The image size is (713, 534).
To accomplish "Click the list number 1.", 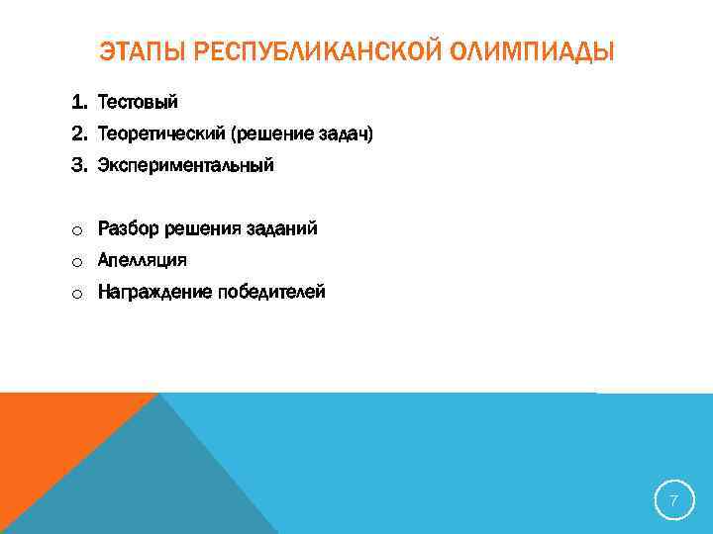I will pos(78,103).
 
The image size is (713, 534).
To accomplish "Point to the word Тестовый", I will pos(138,103).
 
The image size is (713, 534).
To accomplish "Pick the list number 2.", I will pos(78,134).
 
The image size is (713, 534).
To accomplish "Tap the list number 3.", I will pos(78,166).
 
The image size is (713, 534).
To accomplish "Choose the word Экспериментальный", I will pos(185,166).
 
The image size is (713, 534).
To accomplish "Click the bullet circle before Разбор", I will pos(75,230).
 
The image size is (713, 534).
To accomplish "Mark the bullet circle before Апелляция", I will pos(75,262).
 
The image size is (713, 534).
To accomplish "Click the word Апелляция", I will pos(142,261).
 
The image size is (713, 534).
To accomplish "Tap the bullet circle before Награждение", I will pos(75,294).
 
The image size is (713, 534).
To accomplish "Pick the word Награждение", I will pos(153,293).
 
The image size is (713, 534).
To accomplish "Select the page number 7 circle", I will pos(673,501).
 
